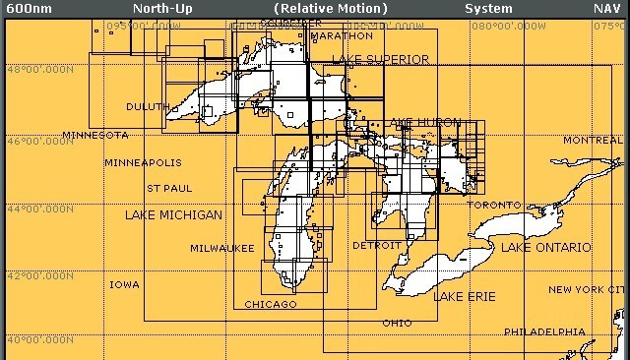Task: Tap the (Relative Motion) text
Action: point(331,8)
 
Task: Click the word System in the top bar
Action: point(488,8)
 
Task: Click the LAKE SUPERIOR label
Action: point(380,59)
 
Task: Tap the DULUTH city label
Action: point(148,106)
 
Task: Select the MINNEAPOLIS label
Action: point(143,162)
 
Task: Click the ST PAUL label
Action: point(169,187)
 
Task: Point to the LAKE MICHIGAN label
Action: point(173,214)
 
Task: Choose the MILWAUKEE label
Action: point(222,248)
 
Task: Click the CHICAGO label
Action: point(270,304)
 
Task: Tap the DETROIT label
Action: point(376,245)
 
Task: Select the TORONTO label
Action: point(494,205)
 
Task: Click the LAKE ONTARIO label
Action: point(546,247)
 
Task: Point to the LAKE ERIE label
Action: point(465,296)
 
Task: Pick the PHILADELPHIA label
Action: point(545,331)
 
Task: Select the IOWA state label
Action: point(124,284)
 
